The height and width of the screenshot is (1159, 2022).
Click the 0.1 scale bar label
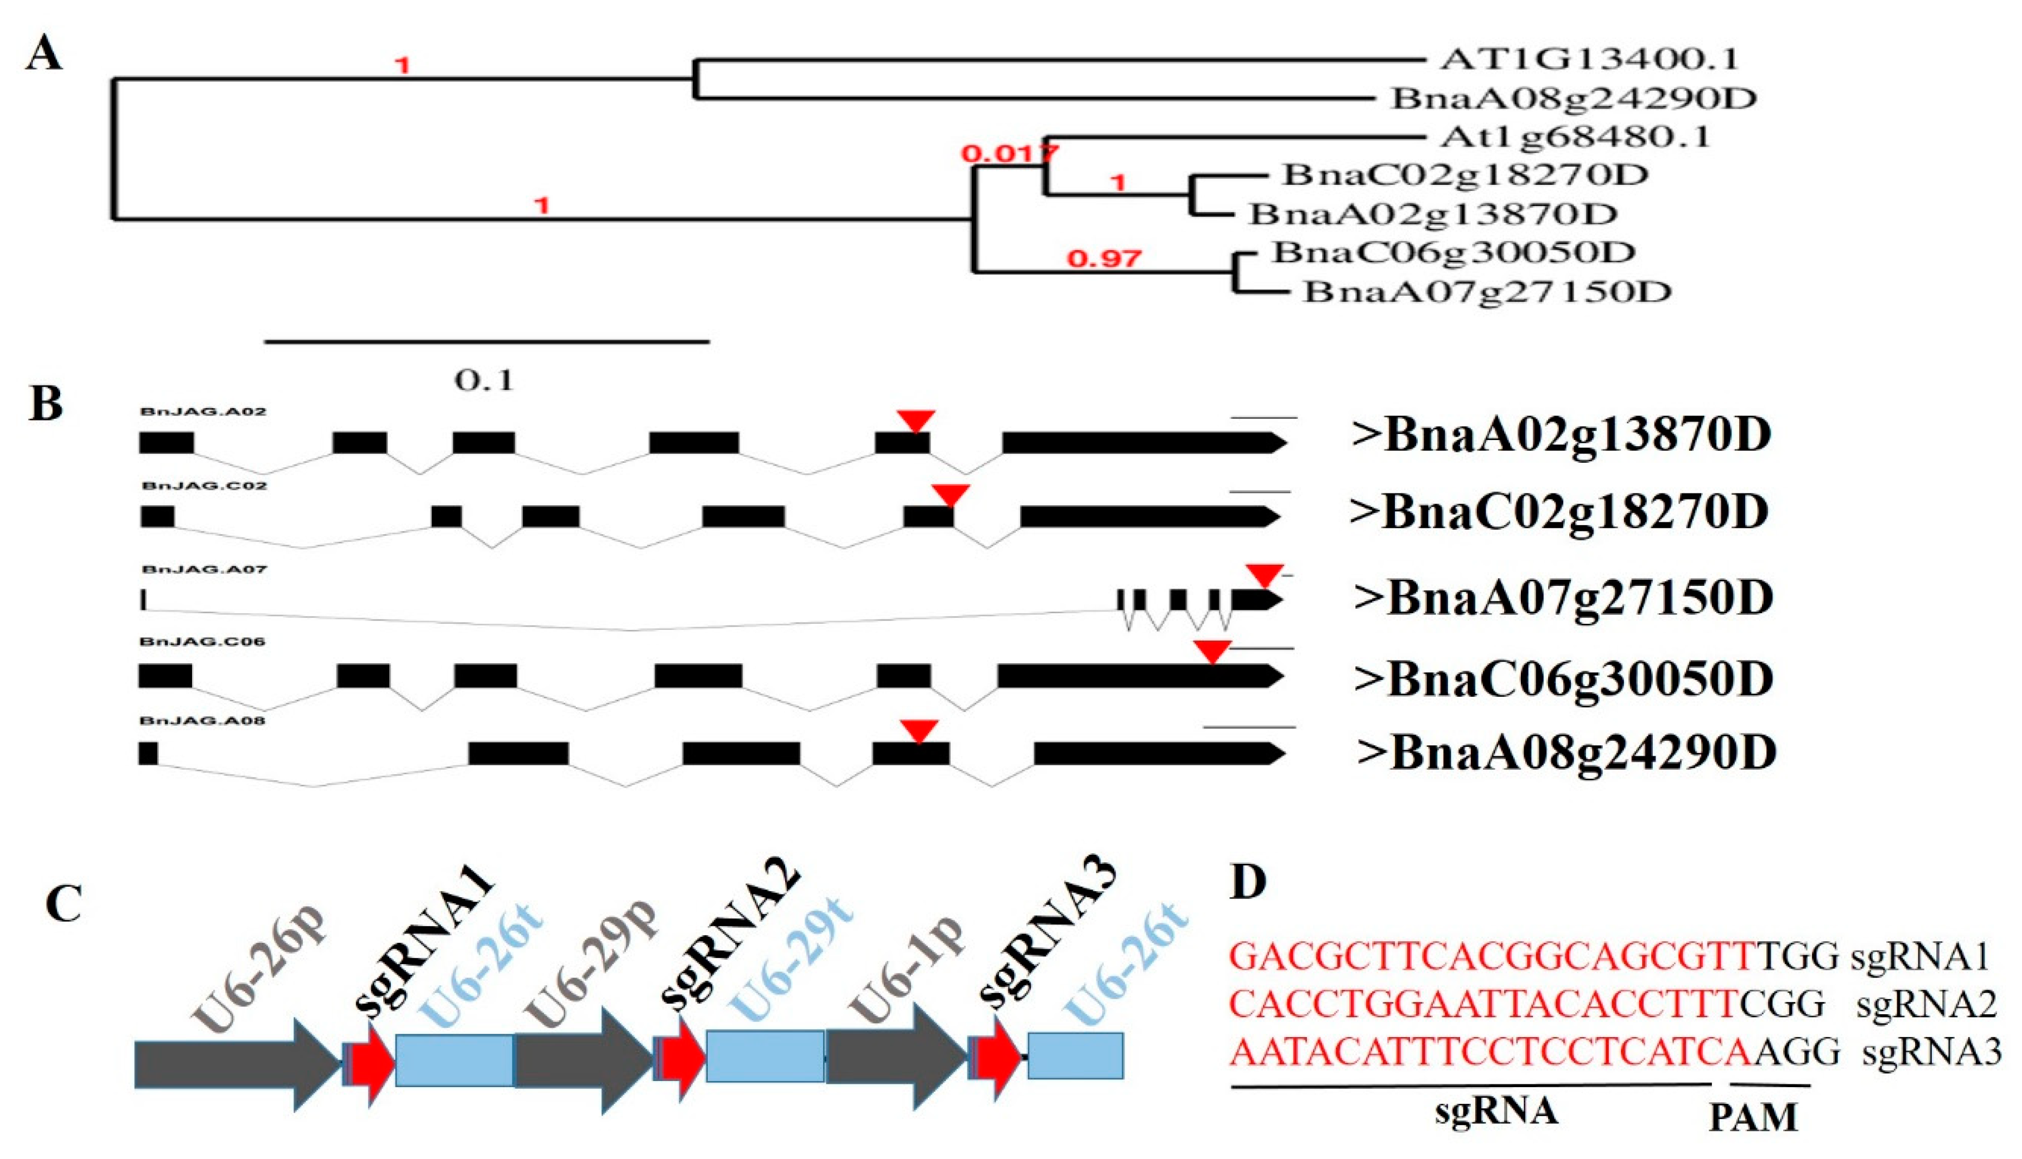pos(484,380)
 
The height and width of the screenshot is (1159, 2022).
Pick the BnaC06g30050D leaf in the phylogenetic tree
pos(1453,252)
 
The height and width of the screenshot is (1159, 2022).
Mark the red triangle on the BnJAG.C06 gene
pos(1212,651)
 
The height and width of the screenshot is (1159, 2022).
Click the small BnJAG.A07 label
pos(204,569)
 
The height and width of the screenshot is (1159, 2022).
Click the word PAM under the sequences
pos(1753,1118)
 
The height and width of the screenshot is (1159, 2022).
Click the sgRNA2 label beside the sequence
pos(1926,1005)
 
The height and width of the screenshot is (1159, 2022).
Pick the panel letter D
pos(1248,882)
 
